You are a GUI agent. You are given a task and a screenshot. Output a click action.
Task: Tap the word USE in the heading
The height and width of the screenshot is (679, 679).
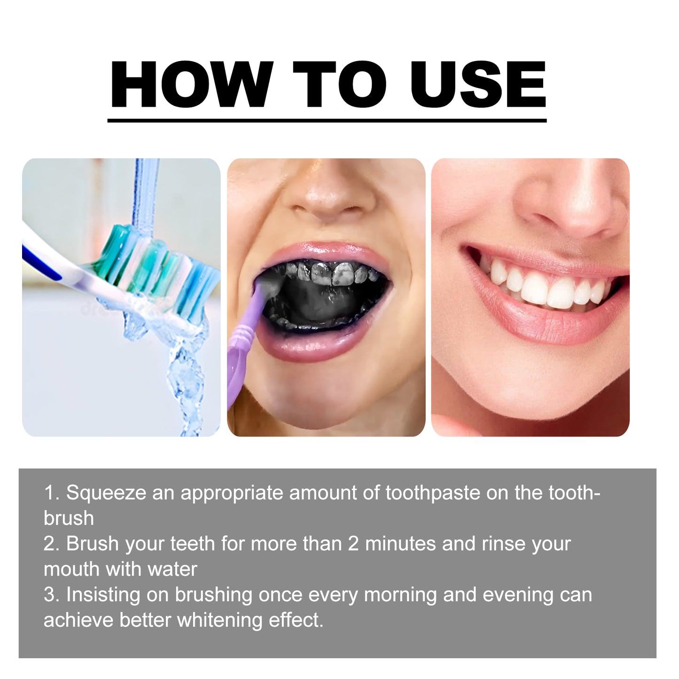478,85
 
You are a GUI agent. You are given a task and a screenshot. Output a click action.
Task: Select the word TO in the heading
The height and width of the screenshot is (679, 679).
339,85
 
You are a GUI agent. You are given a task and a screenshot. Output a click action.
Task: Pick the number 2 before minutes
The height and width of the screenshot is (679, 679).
353,544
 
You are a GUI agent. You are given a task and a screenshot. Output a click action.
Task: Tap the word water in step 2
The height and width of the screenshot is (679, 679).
172,569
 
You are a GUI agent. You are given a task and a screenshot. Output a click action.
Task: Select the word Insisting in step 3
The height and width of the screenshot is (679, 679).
103,595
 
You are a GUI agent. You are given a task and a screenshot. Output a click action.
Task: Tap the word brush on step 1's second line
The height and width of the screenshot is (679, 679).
69,518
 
